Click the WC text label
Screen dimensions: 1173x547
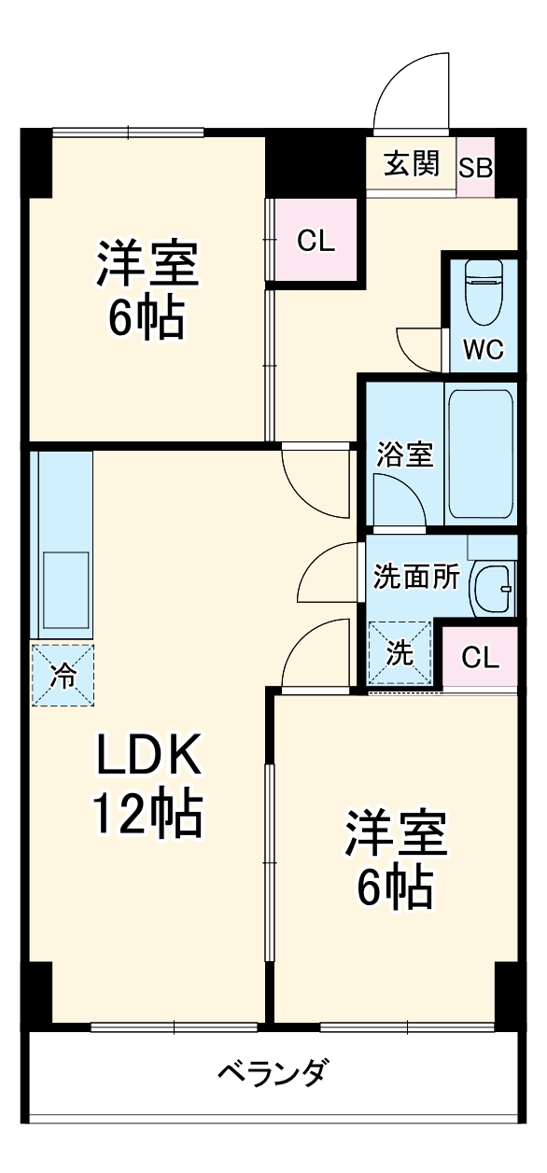coord(484,350)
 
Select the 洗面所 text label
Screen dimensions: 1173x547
coord(415,577)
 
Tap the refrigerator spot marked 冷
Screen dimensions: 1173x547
coord(62,675)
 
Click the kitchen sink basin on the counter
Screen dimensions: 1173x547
coord(64,591)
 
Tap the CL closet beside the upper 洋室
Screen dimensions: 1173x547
coord(315,241)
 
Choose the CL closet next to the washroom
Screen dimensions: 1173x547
coord(480,658)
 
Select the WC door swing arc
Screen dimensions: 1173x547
coord(418,347)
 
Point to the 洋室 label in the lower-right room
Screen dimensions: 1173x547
coord(396,834)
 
